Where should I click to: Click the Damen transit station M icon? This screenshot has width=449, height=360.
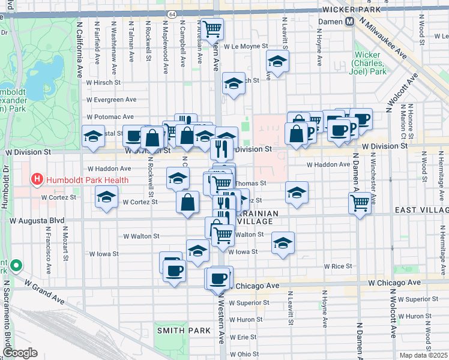click(x=349, y=22)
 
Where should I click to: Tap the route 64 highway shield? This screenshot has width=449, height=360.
click(x=172, y=13)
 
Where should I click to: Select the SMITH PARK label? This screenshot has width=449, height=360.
click(x=184, y=331)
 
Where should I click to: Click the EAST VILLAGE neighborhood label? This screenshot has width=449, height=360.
click(x=421, y=210)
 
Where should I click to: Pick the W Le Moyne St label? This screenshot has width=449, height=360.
click(x=244, y=46)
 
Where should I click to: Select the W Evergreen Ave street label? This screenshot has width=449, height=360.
click(x=111, y=100)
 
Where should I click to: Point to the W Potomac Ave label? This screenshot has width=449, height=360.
click(x=110, y=116)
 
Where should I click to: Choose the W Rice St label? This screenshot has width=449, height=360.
click(x=337, y=266)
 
